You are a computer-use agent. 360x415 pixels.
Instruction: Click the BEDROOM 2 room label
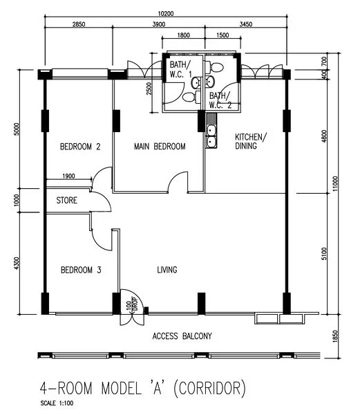(x=80, y=147)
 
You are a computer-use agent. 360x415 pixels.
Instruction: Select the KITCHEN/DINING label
(x=250, y=141)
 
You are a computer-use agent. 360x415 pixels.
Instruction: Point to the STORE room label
(x=67, y=201)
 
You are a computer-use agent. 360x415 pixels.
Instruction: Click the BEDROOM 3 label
(x=81, y=270)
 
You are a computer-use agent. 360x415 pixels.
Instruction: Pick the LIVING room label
(x=167, y=270)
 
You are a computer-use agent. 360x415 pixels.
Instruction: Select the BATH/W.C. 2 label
(x=220, y=100)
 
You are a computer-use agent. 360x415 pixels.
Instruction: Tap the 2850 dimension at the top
(x=79, y=26)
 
